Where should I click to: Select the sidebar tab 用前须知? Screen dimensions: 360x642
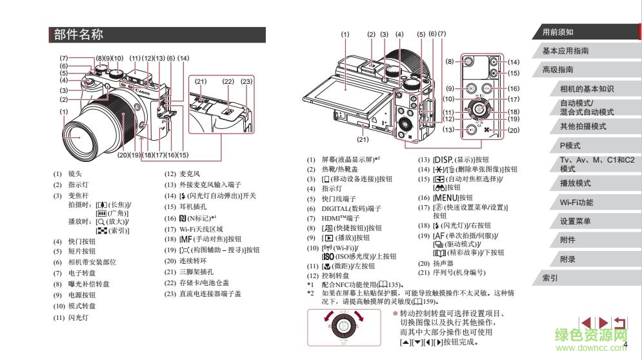coord(557,32)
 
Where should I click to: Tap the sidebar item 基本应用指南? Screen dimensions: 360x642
coord(565,51)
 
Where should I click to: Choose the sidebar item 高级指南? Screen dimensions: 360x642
coord(557,70)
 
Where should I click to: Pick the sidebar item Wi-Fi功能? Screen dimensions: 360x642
coord(576,203)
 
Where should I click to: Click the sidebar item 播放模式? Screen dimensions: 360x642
coord(575,183)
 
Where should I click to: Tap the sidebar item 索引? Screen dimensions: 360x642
coord(550,279)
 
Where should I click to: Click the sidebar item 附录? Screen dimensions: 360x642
coord(568,259)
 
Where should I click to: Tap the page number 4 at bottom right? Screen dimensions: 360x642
coord(625,346)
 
